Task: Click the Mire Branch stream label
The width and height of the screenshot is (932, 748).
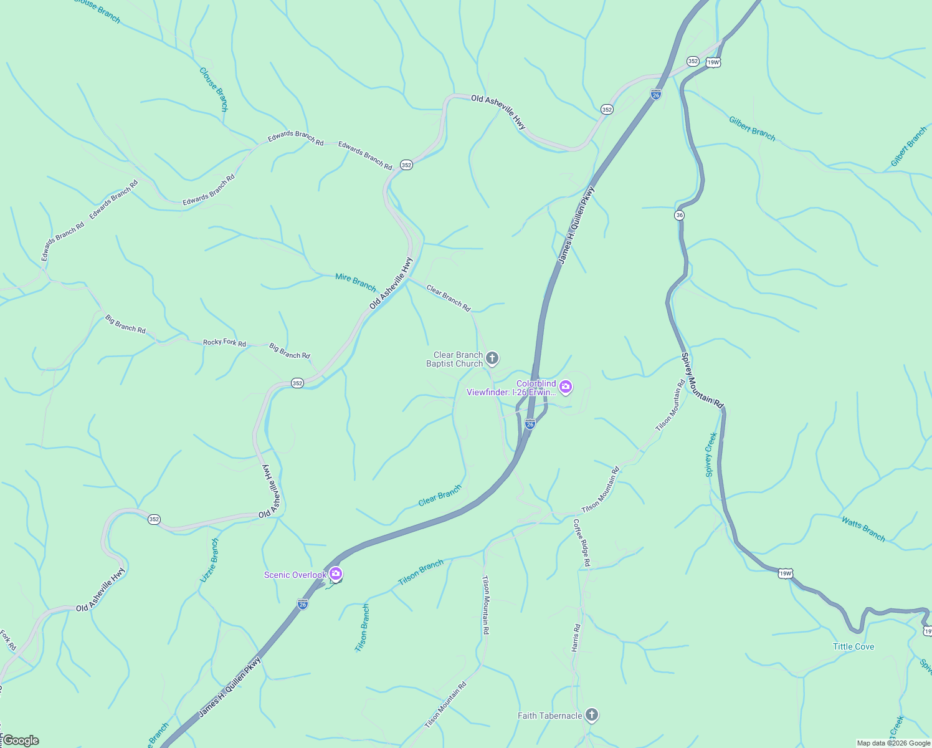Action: [x=356, y=282]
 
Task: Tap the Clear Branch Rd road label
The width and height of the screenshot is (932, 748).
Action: [x=448, y=299]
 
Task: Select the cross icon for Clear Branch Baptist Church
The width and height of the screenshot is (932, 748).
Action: [x=492, y=358]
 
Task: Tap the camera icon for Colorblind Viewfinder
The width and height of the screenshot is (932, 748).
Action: [x=566, y=387]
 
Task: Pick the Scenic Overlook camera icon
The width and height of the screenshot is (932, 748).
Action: [x=336, y=573]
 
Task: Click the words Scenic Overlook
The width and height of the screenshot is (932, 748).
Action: [x=295, y=575]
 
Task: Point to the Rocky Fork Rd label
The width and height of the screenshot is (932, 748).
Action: [x=224, y=342]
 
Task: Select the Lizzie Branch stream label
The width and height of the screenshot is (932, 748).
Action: [x=209, y=560]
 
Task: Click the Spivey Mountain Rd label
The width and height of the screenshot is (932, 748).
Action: [x=702, y=381]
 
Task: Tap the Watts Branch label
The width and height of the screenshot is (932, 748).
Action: [x=863, y=529]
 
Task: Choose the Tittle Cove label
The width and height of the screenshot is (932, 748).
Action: [x=854, y=646]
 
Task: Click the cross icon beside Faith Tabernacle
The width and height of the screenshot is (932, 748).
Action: [x=592, y=715]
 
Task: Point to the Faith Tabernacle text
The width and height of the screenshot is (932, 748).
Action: [x=549, y=716]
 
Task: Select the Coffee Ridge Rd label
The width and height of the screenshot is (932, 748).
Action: [x=581, y=542]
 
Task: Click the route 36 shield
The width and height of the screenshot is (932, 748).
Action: [x=679, y=215]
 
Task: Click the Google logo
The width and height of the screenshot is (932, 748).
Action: [x=21, y=741]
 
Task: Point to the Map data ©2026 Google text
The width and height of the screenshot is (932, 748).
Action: [x=893, y=743]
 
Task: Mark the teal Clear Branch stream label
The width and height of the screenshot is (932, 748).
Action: [x=440, y=496]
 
